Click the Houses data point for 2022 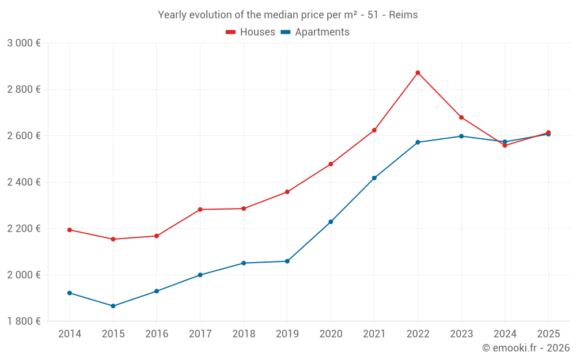(418, 73)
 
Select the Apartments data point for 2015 (113, 306)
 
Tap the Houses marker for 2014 (70, 230)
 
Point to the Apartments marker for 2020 (331, 222)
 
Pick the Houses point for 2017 (200, 210)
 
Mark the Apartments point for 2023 (461, 137)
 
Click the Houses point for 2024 (505, 145)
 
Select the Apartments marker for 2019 (287, 262)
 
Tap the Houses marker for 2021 (374, 130)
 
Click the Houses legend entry (251, 32)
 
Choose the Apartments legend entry (315, 32)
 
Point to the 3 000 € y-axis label (24, 43)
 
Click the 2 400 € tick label (24, 182)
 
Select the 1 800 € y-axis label (24, 321)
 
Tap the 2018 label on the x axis (244, 334)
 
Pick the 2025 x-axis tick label (548, 334)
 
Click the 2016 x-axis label (157, 334)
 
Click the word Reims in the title (403, 15)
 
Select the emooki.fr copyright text (526, 348)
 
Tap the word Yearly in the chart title (172, 15)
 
